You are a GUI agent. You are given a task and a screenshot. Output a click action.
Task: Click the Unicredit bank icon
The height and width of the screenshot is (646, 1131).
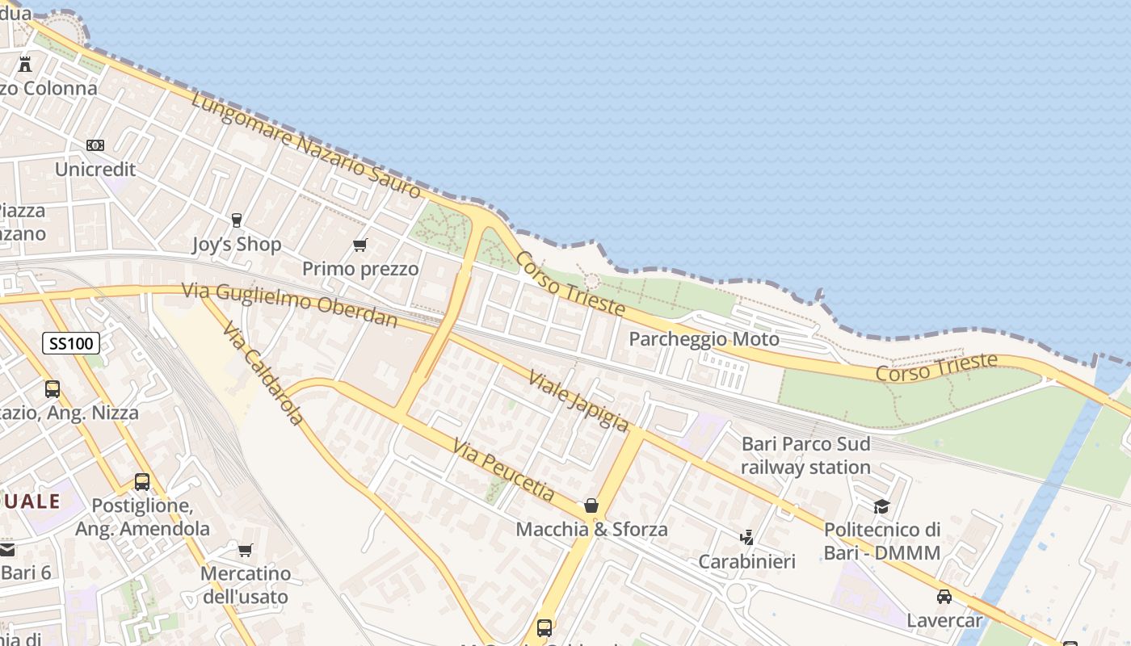coord(95,145)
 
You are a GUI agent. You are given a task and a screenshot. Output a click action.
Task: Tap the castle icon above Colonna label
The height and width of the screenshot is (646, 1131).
coord(25,64)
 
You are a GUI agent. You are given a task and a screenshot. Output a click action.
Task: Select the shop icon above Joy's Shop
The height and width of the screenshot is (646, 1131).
coord(237,220)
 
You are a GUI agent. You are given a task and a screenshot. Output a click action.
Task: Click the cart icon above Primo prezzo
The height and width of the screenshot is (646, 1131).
coord(360,245)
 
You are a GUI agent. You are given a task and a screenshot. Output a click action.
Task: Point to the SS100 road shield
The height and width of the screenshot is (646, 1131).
coord(70,343)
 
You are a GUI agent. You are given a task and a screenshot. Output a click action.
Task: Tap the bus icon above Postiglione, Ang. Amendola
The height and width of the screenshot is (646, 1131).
coord(142,482)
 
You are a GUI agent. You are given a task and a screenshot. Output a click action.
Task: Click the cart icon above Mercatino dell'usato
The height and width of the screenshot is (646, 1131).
coord(246,550)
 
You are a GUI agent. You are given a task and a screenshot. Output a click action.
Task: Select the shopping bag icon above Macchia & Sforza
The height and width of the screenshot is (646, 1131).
coord(591,506)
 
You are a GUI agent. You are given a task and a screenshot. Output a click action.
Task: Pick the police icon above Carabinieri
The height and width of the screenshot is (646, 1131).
coord(747,537)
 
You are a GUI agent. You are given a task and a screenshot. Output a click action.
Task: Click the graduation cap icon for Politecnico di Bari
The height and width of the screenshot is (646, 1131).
coord(881,506)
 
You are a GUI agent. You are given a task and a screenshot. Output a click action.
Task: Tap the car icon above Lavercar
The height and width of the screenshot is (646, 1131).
coord(944,597)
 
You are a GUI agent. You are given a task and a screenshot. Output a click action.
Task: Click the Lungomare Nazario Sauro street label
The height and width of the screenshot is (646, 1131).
coord(307,145)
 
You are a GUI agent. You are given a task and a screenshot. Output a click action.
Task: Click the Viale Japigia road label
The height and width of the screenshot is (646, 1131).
coord(578,401)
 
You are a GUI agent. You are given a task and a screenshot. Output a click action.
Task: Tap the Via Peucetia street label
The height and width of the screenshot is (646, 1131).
coord(504,469)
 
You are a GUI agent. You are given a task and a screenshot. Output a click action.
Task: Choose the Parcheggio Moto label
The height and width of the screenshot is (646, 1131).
coord(704,338)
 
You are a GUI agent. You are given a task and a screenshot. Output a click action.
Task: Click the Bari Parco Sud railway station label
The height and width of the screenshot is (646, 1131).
coord(805,455)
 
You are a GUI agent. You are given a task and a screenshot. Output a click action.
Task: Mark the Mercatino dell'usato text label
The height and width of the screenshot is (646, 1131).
coord(245,585)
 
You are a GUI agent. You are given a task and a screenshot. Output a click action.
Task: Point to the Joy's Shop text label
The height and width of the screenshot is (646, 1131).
coord(237,244)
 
